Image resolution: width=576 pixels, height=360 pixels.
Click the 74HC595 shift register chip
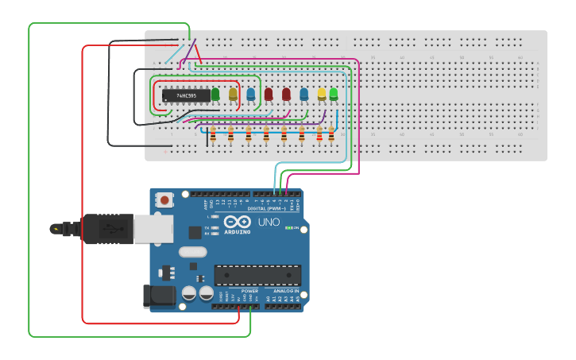click(x=187, y=95)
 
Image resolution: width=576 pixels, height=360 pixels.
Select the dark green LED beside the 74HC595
click(x=215, y=95)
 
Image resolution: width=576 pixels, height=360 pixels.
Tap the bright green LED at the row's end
click(x=333, y=94)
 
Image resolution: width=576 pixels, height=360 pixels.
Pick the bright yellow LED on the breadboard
click(x=322, y=94)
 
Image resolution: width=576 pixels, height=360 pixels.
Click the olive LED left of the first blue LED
click(x=233, y=95)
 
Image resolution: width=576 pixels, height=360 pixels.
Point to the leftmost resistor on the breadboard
click(x=213, y=134)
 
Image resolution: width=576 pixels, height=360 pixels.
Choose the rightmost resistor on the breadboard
click(x=331, y=134)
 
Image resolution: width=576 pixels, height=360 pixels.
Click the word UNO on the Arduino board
click(x=269, y=223)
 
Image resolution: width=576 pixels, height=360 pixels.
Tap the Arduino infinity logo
click(x=237, y=222)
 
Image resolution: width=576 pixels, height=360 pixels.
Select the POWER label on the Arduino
click(x=249, y=291)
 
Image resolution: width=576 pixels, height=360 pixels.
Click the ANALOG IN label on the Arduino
click(x=286, y=291)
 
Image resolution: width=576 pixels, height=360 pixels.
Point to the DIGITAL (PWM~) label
click(x=267, y=208)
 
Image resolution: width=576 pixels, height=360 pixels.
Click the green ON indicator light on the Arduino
click(x=289, y=228)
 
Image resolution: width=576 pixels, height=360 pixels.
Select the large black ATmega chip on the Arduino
click(x=257, y=275)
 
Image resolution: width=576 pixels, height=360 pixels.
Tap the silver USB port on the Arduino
click(x=153, y=229)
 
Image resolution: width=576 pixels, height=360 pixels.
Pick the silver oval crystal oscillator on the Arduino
click(x=192, y=252)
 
